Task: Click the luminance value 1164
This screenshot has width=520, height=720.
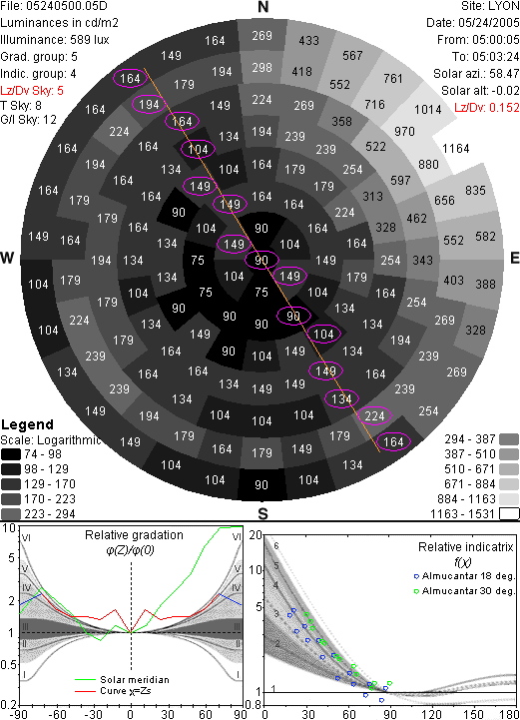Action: click(x=456, y=149)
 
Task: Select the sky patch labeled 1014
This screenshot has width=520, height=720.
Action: click(x=428, y=109)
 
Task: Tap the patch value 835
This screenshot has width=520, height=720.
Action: click(x=475, y=190)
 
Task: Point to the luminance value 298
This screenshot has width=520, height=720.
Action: click(x=262, y=68)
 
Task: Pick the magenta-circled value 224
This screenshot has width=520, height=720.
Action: click(x=374, y=415)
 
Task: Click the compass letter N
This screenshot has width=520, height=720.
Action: click(x=262, y=7)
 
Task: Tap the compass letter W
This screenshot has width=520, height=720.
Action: click(x=7, y=258)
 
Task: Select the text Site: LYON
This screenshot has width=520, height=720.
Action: click(x=490, y=6)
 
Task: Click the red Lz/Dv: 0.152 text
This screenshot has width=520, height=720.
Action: click(x=487, y=108)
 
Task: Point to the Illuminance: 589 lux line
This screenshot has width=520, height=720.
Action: click(x=55, y=40)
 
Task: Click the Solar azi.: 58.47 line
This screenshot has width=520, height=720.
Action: click(x=476, y=74)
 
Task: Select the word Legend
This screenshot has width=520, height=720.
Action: click(x=28, y=424)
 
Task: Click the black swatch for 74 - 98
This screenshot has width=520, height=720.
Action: click(x=11, y=454)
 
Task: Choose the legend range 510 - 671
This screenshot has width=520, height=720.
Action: click(x=469, y=468)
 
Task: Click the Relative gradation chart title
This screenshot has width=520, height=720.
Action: click(x=134, y=535)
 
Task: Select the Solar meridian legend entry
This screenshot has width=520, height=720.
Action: click(x=122, y=680)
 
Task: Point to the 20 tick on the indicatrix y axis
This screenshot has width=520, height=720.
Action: click(x=256, y=535)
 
